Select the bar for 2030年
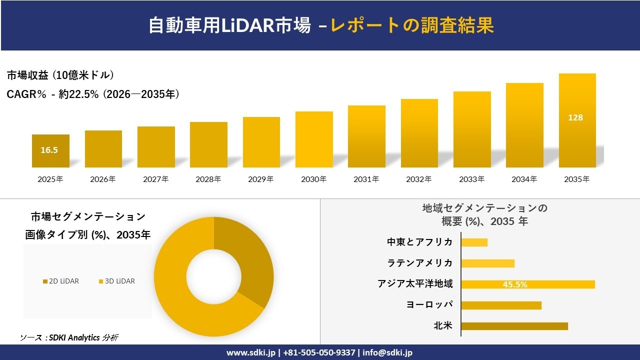point(314,139)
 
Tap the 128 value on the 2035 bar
point(575,118)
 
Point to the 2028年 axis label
point(208,179)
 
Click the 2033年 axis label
point(471,179)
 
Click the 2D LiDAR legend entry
point(60,281)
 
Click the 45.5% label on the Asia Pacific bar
point(515,284)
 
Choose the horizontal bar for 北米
point(514,326)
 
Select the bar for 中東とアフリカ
point(474,242)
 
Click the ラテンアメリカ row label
point(420,263)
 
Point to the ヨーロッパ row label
point(429,305)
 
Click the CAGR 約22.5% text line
point(93,94)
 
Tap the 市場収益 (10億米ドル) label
point(60,75)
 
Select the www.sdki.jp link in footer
point(250,352)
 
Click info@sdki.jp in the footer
point(387,352)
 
